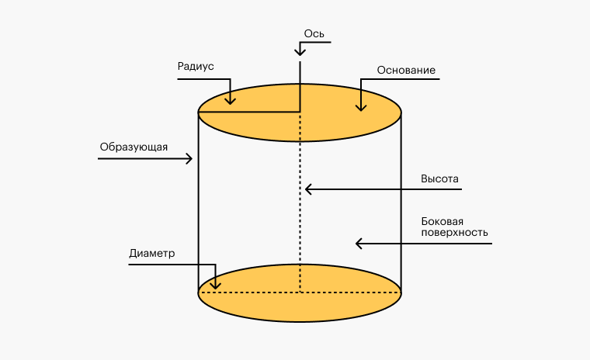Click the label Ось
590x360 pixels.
314,33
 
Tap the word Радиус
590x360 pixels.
195,67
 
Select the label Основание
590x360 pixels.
406,71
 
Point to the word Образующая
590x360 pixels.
134,147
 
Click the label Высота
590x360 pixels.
440,178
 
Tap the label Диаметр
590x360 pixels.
152,254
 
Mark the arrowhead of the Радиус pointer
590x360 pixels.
231,101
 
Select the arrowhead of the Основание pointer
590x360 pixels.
361,107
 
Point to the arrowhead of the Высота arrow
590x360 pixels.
307,189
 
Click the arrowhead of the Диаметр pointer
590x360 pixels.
217,286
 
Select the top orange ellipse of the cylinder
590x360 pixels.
342,124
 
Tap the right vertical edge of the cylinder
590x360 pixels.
401,202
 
